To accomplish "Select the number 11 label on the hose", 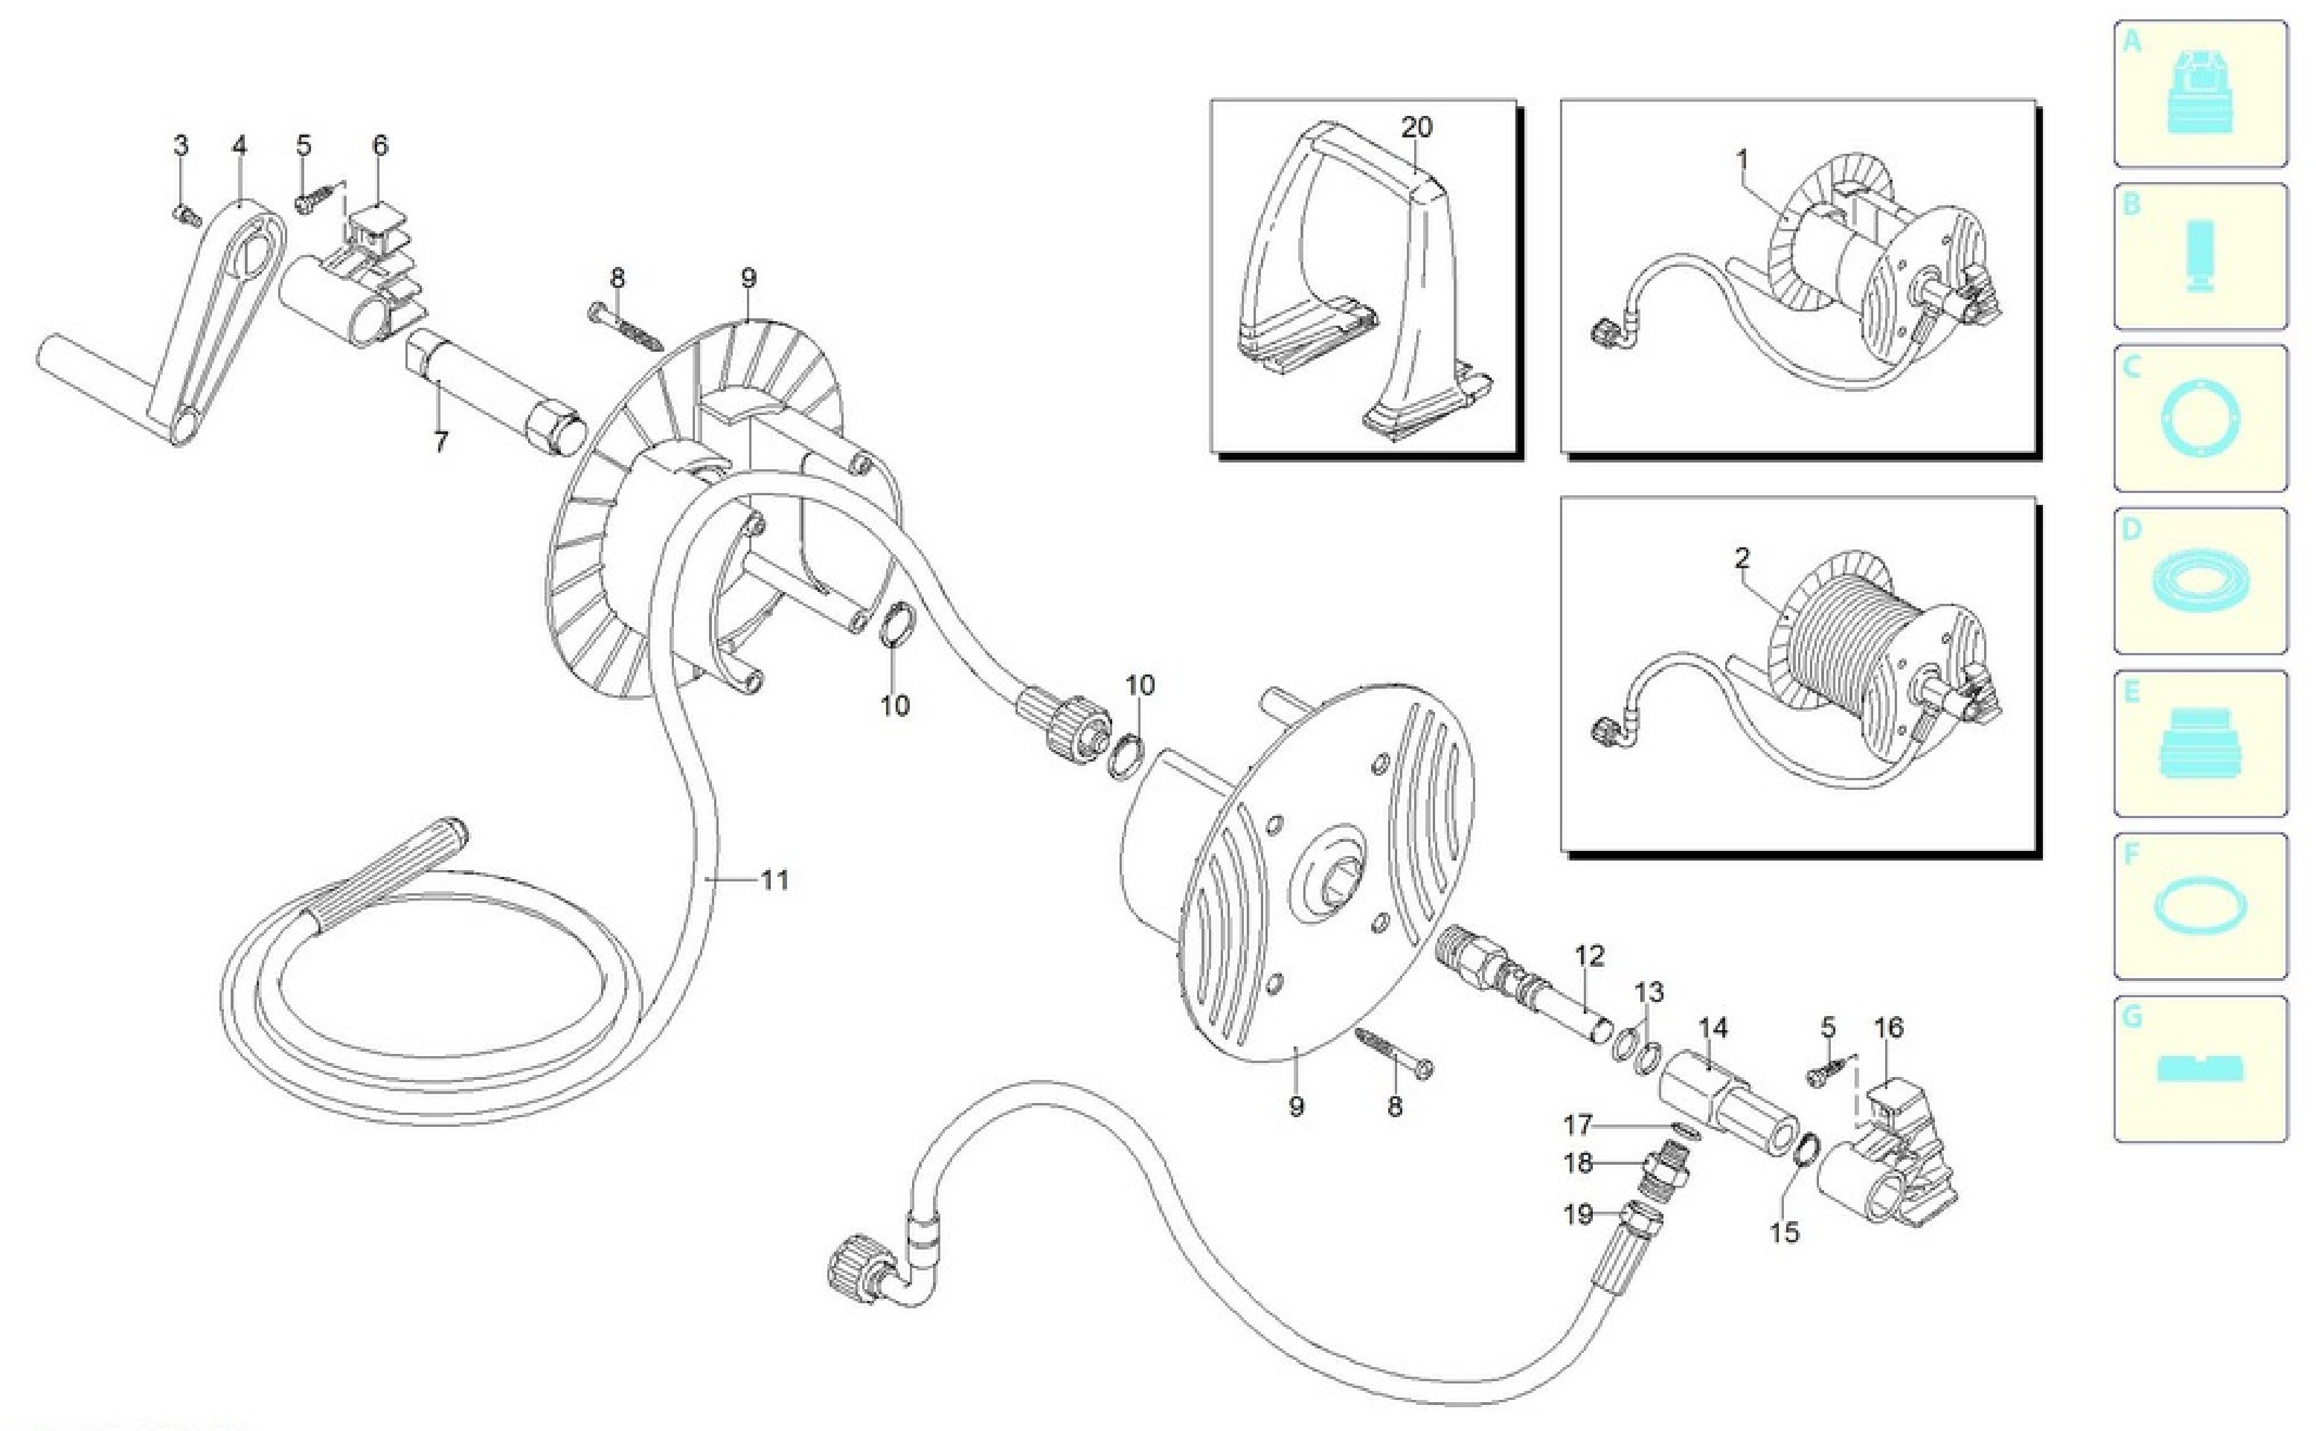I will pos(774,880).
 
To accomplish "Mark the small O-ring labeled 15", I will pos(1807,1150).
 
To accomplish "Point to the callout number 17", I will pos(1577,1125).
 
